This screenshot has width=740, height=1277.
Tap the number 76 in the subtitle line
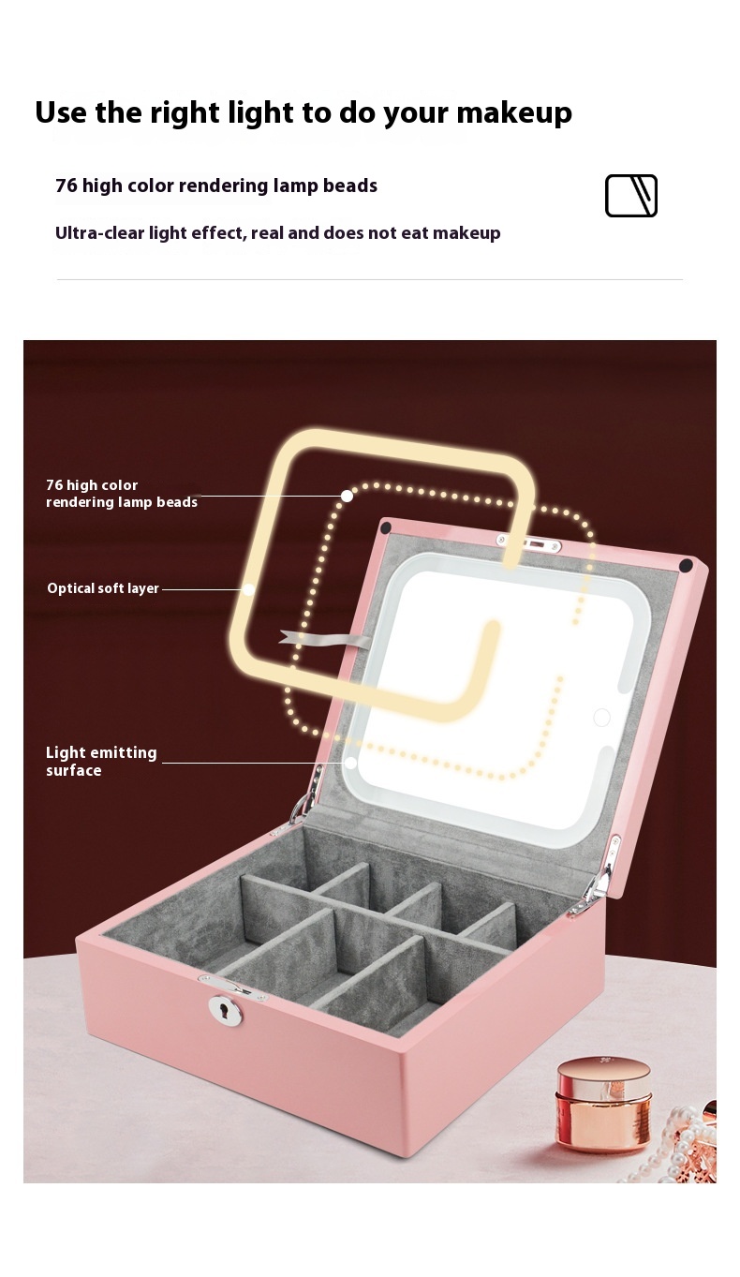pos(66,186)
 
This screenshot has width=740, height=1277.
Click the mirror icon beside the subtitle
pos(630,196)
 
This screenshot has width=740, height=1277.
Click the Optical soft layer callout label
pos(103,588)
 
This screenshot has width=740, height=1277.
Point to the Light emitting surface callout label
pos(100,761)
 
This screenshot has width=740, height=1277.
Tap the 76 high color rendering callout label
pos(121,494)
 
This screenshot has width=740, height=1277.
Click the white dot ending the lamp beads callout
pos(347,496)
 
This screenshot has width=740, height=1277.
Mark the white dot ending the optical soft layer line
pos(248,589)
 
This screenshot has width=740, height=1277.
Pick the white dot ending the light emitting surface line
pos(350,763)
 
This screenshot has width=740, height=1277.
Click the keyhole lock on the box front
pos(225,1010)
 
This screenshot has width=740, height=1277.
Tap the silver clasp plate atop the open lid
pos(528,543)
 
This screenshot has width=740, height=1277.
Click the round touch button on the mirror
pos(601,718)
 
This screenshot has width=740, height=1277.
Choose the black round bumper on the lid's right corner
pos(686,566)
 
